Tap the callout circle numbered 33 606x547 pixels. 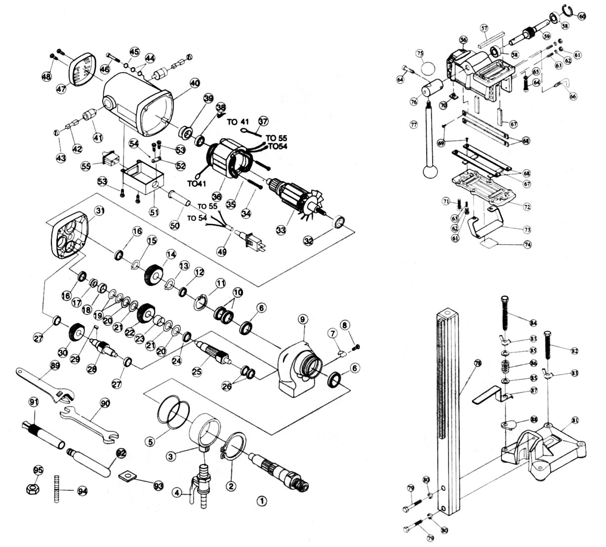tap(281, 231)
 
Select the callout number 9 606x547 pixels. tap(302, 319)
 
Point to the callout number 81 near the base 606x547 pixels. tap(575, 420)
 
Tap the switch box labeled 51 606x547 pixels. tap(140, 183)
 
